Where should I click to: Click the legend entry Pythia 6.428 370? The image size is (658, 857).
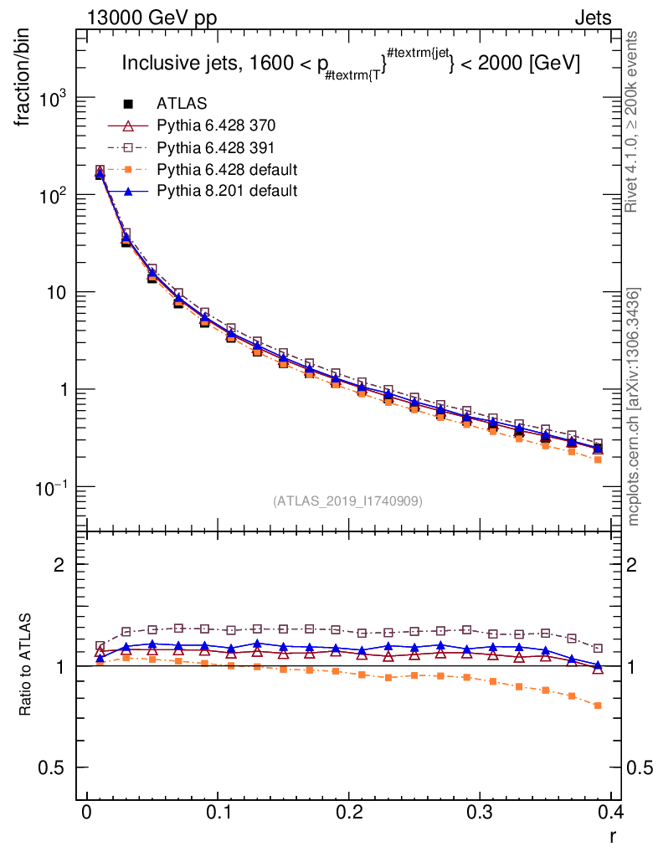pos(216,126)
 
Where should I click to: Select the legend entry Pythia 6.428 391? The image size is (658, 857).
pos(216,147)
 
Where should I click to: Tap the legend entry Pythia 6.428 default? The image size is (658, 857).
pos(227,169)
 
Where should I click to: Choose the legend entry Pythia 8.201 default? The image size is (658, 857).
pos(227,191)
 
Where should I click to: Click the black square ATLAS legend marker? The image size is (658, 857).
pos(129,104)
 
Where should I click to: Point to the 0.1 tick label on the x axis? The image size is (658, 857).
pos(218,812)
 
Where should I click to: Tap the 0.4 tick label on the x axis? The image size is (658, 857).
pos(610,812)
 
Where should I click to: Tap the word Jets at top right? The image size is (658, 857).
pos(592,18)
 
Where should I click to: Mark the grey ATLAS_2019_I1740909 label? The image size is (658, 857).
pos(347,501)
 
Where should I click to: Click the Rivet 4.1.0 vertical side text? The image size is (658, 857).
pos(633,121)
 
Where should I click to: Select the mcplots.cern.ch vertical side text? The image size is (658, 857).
pos(633,406)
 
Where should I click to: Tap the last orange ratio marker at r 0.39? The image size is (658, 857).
pos(598,706)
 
